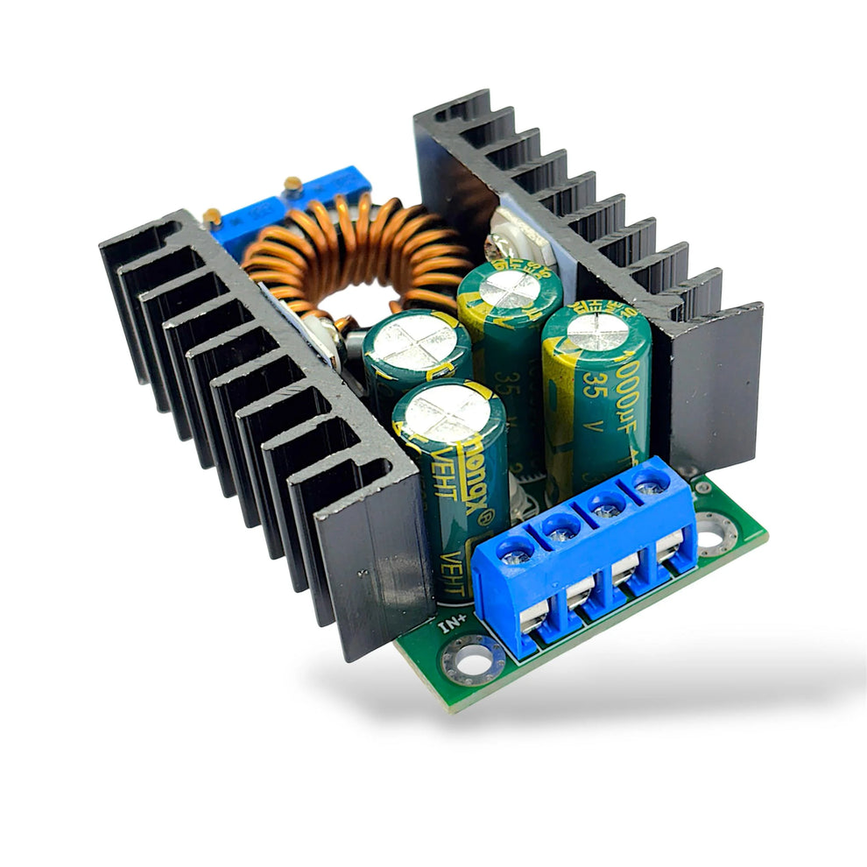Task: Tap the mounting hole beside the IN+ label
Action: point(474,658)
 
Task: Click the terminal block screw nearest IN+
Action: point(516,553)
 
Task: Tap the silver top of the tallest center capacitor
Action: point(510,290)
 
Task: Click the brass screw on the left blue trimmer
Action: point(213,215)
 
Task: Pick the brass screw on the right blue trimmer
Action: point(293,184)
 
